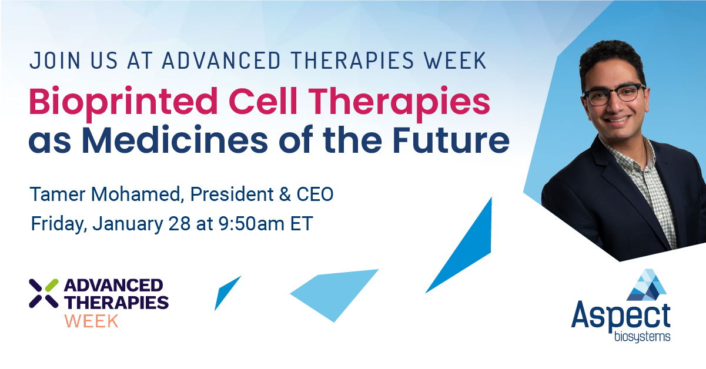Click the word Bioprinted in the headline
123,102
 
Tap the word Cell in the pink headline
263,101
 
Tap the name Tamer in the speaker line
58,194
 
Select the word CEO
315,194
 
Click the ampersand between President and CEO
285,194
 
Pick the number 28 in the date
179,224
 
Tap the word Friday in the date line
58,224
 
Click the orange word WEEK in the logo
91,321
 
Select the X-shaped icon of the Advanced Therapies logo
44,293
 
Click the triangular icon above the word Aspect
646,285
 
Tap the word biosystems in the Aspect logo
642,337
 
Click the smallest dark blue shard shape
227,292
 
